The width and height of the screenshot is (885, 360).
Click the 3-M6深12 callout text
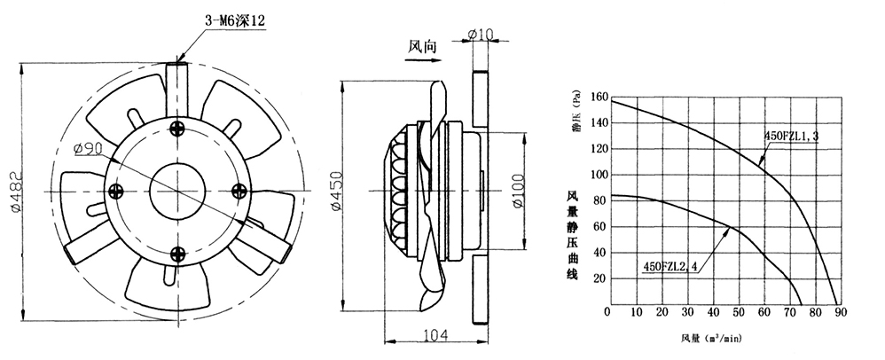pyautogui.click(x=234, y=21)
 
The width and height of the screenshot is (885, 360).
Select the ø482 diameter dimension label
pyautogui.click(x=15, y=192)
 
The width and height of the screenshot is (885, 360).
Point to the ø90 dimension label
pyautogui.click(x=87, y=149)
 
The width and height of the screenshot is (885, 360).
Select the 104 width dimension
pyautogui.click(x=435, y=335)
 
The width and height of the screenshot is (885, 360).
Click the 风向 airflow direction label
pyautogui.click(x=422, y=46)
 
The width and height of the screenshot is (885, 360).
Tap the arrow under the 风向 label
pyautogui.click(x=423, y=59)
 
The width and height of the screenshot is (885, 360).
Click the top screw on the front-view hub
pyautogui.click(x=177, y=128)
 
